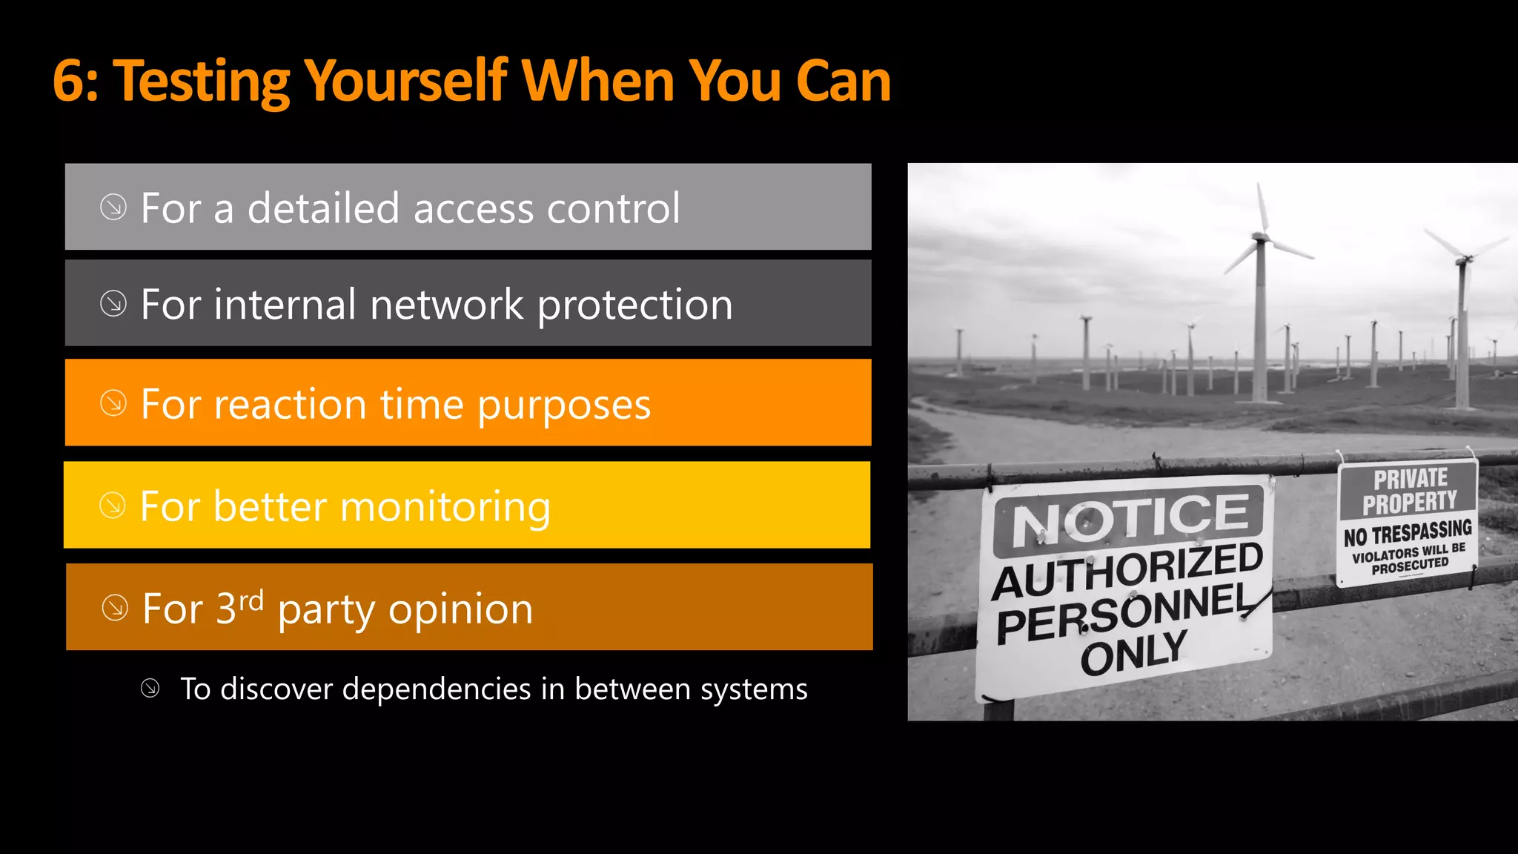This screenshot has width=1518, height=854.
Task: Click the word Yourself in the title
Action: [x=406, y=82]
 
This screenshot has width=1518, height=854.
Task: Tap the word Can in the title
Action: [x=843, y=82]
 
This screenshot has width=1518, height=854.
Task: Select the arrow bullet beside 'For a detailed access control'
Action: [x=113, y=207]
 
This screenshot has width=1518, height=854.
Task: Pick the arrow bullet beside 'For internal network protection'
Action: [x=113, y=303]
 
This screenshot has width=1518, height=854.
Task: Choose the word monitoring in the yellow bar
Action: [x=445, y=509]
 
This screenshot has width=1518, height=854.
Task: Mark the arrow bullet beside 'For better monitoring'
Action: [x=113, y=506]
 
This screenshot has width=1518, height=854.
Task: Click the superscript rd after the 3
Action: [x=251, y=600]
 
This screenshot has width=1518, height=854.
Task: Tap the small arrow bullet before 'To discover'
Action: [x=150, y=689]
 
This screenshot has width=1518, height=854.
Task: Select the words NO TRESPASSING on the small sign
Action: [x=1408, y=532]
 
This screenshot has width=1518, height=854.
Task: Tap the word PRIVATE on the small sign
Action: [x=1410, y=479]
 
